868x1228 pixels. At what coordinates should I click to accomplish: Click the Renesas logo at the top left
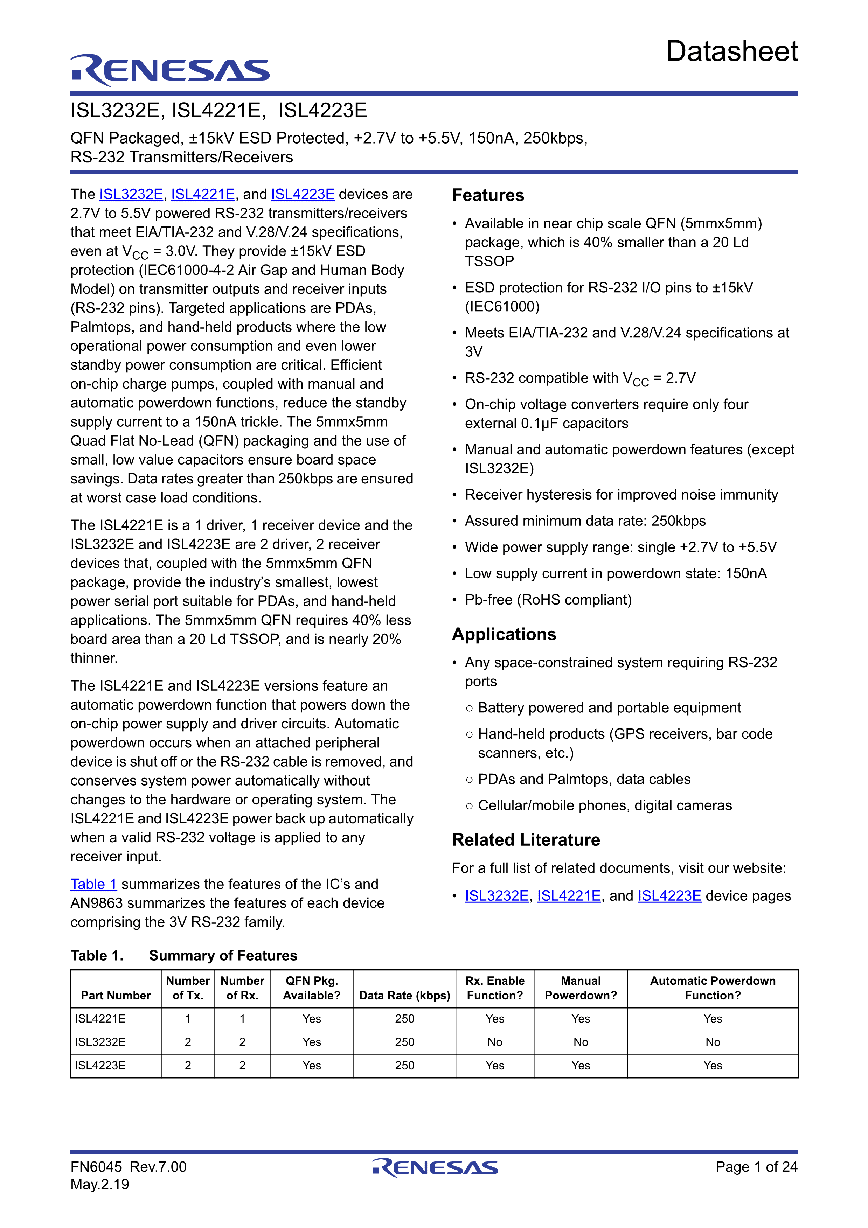pos(170,70)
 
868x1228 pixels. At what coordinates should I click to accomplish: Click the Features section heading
pos(488,195)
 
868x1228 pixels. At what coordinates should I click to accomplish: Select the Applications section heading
pos(504,634)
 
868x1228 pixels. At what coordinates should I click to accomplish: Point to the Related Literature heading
pos(526,840)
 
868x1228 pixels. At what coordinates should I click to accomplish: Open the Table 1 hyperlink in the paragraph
pos(93,884)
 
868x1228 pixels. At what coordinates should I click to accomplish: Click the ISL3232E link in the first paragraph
pos(131,194)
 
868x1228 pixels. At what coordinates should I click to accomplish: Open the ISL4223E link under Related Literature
pos(669,896)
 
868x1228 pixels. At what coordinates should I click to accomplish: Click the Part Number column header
pos(116,995)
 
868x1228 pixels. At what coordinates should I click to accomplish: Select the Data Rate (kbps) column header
pos(404,995)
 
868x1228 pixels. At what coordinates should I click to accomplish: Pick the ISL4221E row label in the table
pos(100,1019)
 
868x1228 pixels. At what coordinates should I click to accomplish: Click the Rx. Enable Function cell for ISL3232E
pos(495,1042)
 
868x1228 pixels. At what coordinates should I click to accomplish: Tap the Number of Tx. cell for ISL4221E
pos(188,1019)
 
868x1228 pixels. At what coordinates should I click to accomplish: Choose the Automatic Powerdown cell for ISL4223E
pos(713,1066)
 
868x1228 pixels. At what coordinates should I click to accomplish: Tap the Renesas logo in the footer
pos(435,1167)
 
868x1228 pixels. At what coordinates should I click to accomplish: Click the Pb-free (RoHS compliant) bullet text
pos(548,600)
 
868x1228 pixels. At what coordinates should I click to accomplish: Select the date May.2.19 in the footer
pos(100,1184)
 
